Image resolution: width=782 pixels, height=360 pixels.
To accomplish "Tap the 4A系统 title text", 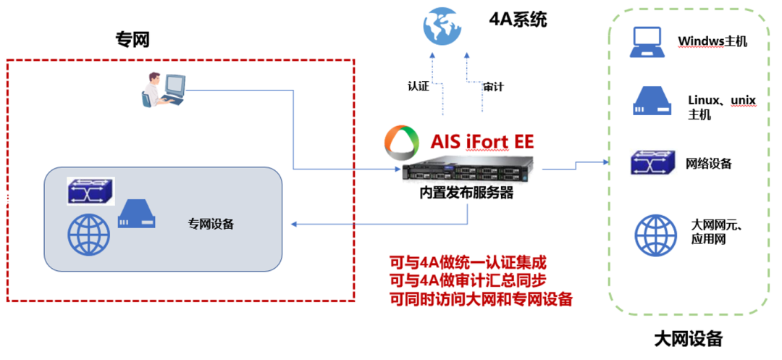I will pyautogui.click(x=518, y=19).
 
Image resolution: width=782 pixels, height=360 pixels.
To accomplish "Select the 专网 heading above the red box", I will pyautogui.click(x=133, y=39).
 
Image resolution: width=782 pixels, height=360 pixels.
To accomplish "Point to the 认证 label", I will pyautogui.click(x=419, y=86).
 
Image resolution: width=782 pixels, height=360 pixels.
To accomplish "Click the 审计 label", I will pyautogui.click(x=493, y=86).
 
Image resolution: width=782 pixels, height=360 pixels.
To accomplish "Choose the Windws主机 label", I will pyautogui.click(x=712, y=41).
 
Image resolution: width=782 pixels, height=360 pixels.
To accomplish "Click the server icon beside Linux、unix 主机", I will pyautogui.click(x=647, y=101).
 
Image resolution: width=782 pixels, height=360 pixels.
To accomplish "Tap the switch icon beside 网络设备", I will pyautogui.click(x=648, y=163).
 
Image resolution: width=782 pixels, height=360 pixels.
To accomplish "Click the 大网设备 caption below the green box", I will pyautogui.click(x=688, y=338).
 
